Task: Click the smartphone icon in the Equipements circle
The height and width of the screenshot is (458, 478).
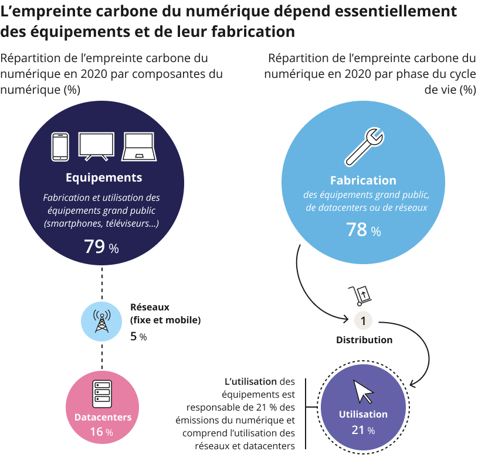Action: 60,146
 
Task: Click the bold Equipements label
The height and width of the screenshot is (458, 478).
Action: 104,177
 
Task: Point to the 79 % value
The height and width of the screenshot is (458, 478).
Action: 101,247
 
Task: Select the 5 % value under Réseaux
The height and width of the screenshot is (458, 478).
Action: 138,336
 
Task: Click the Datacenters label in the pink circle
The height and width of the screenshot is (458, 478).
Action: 103,418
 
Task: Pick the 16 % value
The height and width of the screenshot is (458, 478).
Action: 101,432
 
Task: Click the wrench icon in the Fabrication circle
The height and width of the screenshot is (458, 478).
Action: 364,146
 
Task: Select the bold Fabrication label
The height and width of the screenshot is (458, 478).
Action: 363,180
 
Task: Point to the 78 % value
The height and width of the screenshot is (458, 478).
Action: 363,230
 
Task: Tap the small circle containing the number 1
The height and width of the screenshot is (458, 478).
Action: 363,321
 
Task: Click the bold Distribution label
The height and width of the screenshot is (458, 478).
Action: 364,340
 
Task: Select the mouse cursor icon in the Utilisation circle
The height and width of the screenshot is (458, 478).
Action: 363,391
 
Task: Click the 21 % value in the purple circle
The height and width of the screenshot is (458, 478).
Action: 363,430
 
